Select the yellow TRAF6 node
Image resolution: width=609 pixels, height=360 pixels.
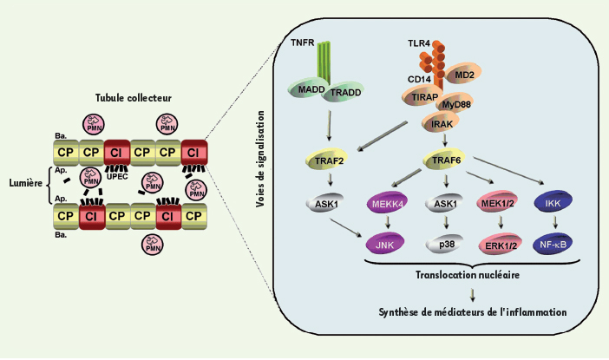[x=442, y=160]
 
